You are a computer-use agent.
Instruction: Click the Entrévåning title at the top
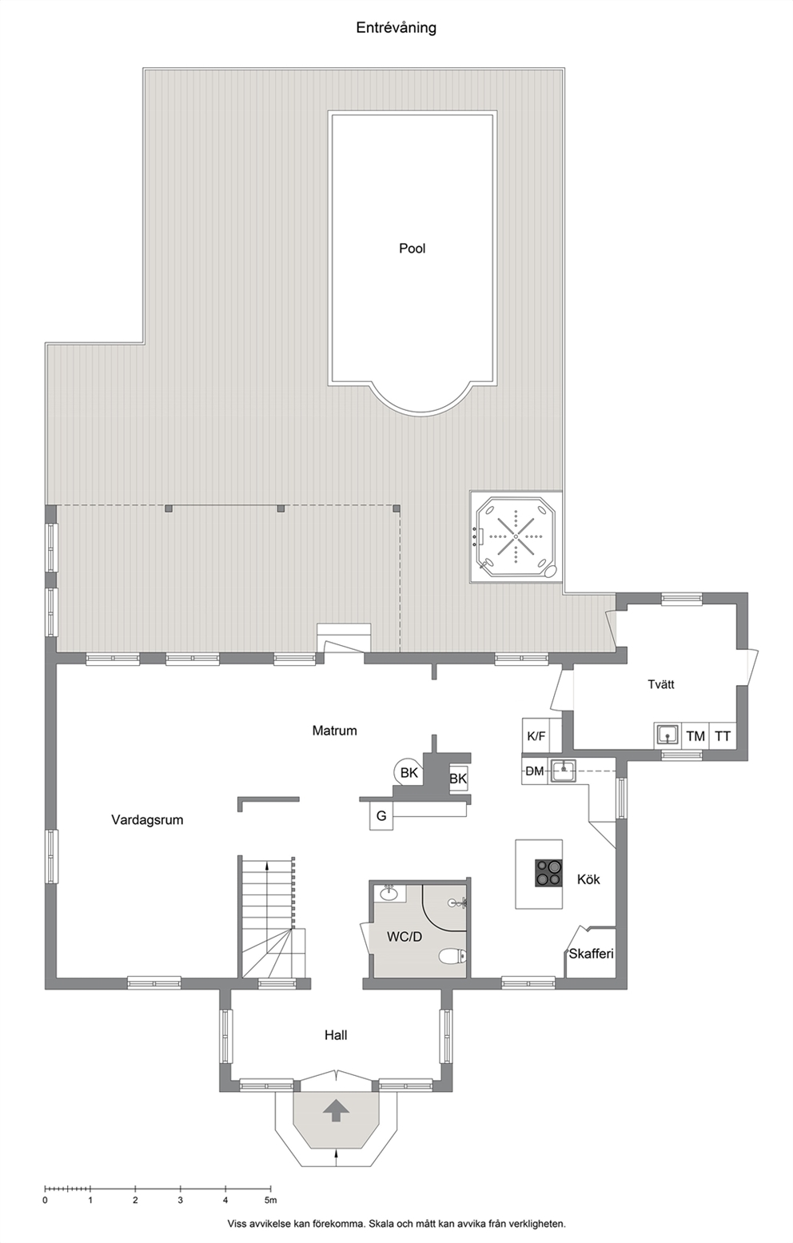point(396,28)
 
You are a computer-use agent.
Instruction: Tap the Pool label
point(412,248)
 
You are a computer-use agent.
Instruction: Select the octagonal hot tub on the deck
point(516,536)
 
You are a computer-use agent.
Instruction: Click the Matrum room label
point(334,731)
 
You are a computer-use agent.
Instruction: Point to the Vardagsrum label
point(147,819)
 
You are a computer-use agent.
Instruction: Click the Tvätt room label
point(661,684)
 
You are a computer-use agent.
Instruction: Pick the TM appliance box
point(695,736)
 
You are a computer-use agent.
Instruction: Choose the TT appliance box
point(723,736)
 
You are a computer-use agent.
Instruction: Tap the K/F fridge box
point(536,736)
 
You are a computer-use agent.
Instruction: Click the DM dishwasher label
point(535,771)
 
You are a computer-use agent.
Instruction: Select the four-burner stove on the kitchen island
point(548,873)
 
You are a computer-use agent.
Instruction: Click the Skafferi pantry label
point(591,954)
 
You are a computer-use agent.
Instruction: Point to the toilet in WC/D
point(452,956)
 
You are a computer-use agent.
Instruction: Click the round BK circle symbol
point(408,772)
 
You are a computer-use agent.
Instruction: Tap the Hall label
point(337,1035)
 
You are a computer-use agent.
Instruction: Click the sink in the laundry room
point(667,735)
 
